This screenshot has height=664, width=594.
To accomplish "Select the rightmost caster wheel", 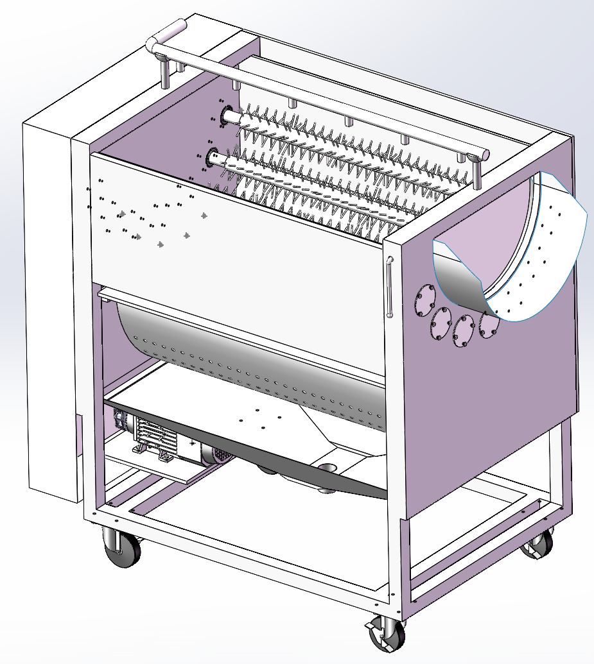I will click(538, 544).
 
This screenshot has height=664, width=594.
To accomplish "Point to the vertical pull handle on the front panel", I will click(389, 285).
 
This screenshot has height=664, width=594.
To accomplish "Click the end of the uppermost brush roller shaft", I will click(229, 116).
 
